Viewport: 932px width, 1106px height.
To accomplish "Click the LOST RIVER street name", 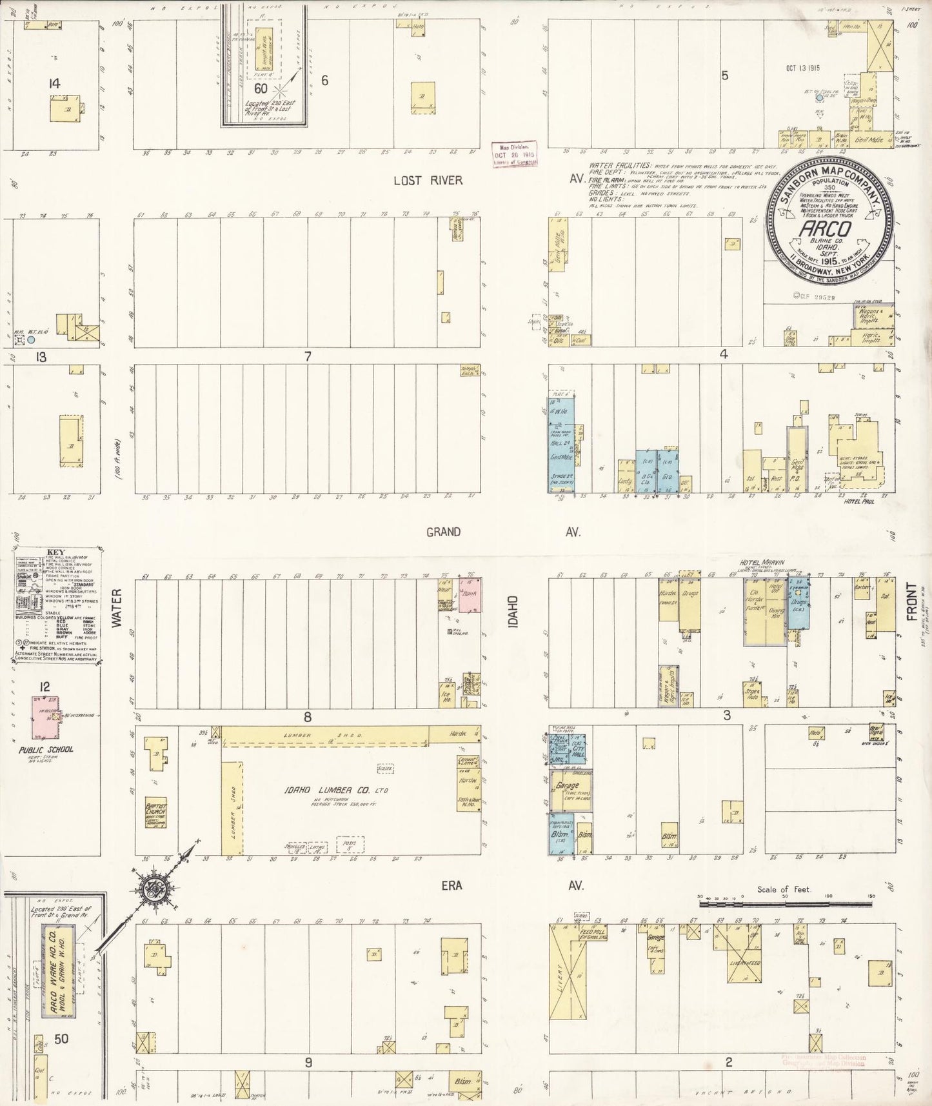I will (428, 180).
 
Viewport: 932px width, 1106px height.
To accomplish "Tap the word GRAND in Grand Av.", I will (443, 532).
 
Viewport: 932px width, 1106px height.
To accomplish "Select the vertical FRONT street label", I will (911, 601).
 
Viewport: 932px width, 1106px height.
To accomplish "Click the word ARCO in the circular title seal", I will (818, 229).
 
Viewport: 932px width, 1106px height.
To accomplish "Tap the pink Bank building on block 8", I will (470, 595).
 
